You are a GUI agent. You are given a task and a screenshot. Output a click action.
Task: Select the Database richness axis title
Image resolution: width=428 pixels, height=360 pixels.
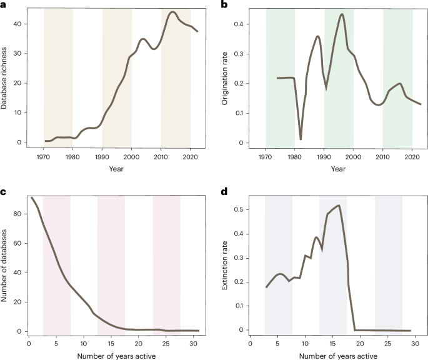[5, 79]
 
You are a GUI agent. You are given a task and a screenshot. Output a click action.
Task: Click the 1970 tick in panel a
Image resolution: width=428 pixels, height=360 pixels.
[44, 156]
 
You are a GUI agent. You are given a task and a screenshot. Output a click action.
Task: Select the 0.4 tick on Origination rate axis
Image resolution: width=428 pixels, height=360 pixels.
[240, 24]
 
